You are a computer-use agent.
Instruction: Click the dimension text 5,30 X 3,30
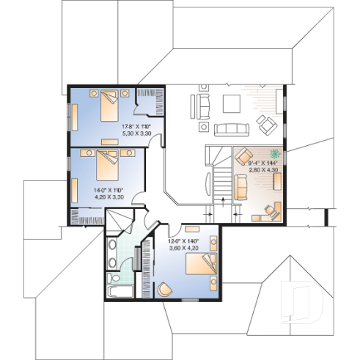pyautogui.click(x=136, y=134)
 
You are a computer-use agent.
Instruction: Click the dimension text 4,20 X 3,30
pyautogui.click(x=108, y=196)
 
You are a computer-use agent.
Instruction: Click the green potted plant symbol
pyautogui.click(x=276, y=154)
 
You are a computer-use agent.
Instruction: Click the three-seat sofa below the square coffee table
pyautogui.click(x=232, y=130)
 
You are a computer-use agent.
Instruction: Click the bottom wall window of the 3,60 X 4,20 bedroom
pyautogui.click(x=191, y=301)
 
